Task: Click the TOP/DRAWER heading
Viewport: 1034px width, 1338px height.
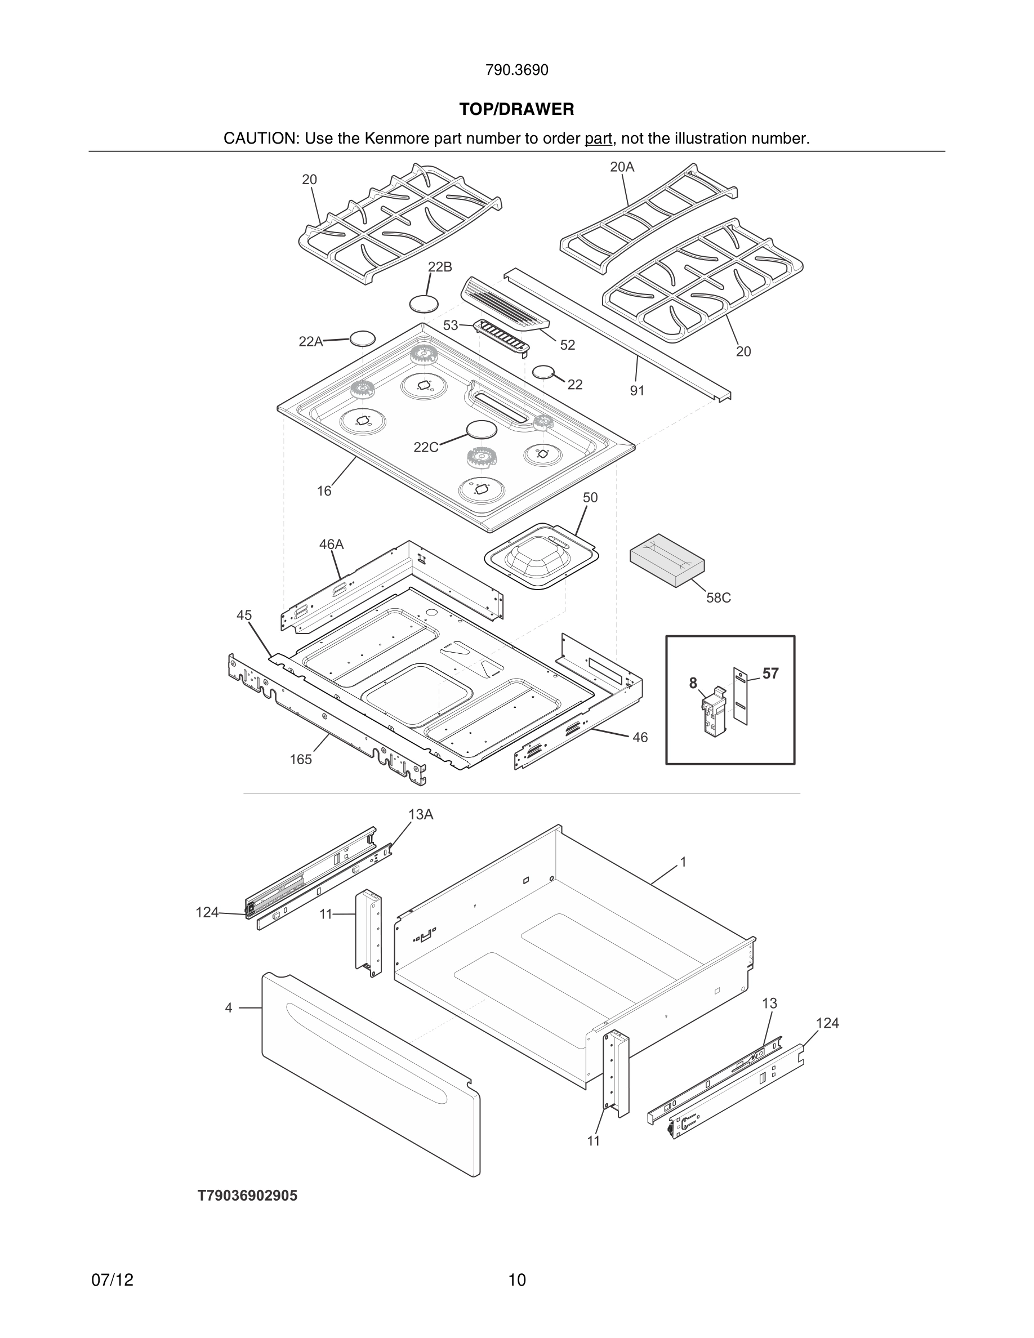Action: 516,109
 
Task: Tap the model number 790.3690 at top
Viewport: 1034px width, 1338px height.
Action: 516,70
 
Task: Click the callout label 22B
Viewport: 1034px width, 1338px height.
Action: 439,267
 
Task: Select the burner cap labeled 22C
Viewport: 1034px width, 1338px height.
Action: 482,430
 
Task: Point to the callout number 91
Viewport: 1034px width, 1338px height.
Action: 637,390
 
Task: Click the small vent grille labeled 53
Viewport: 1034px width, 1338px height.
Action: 502,337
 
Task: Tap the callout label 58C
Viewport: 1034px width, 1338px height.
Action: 718,598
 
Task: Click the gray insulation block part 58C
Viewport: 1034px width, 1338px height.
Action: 667,559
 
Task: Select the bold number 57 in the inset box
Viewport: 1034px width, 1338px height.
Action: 770,674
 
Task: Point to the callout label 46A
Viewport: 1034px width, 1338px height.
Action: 331,544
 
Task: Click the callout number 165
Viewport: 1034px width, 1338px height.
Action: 300,760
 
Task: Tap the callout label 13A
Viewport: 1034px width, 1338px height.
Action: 421,814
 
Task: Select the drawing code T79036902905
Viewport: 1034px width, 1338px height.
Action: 247,1196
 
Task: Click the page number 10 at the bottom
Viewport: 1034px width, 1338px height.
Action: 516,1280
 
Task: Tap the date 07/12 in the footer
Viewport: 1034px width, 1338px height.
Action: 112,1280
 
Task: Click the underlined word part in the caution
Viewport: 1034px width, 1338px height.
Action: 598,139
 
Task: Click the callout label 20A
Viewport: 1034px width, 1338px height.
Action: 622,167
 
